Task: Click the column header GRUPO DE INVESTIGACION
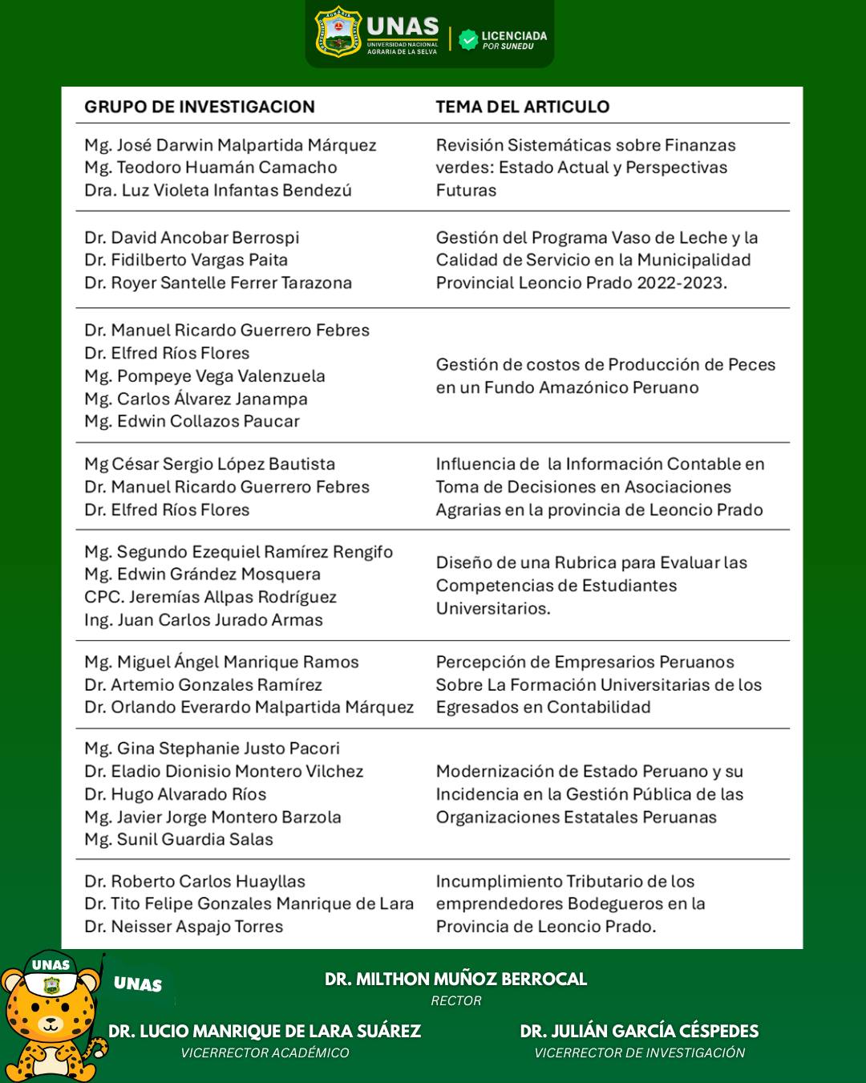[x=200, y=107]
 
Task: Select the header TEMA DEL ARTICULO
[x=522, y=107]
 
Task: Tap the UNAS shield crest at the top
[x=338, y=31]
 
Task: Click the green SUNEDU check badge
[x=468, y=39]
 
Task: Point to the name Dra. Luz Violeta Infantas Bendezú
[x=218, y=190]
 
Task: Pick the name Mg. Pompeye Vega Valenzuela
[x=204, y=375]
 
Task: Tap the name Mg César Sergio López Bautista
[x=209, y=464]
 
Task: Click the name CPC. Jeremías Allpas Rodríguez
[x=210, y=597]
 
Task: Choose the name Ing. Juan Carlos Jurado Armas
[x=204, y=619]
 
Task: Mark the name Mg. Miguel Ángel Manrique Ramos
[x=221, y=662]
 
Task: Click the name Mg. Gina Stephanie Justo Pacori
[x=212, y=748]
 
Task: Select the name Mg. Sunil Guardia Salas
[x=179, y=839]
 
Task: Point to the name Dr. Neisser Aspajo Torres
[x=184, y=926]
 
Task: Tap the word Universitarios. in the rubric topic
[x=493, y=608]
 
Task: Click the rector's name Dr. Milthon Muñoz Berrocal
[x=455, y=979]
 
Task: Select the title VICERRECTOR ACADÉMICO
[x=265, y=1053]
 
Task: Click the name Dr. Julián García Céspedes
[x=639, y=1031]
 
